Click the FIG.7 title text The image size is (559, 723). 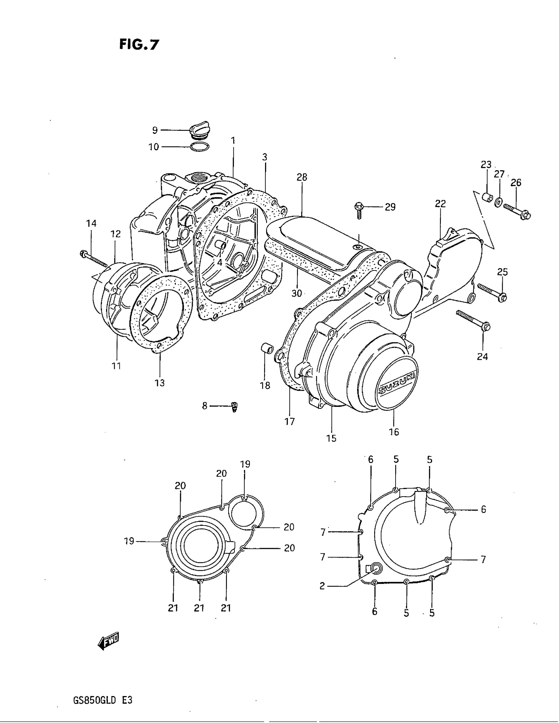(x=139, y=44)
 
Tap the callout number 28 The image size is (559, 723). (x=302, y=177)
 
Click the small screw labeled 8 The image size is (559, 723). (x=234, y=406)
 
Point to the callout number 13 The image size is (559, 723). (x=159, y=383)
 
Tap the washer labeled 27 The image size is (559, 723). (x=498, y=202)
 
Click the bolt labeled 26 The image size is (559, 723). (x=517, y=212)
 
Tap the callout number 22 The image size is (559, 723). (x=440, y=204)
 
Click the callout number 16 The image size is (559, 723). (x=394, y=432)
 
